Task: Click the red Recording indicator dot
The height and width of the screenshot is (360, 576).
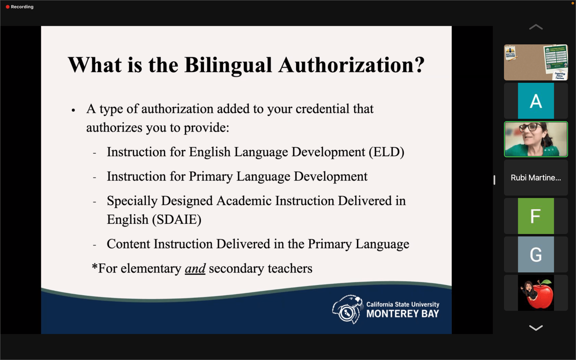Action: tap(7, 7)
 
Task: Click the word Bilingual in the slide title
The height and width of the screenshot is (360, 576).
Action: tap(228, 65)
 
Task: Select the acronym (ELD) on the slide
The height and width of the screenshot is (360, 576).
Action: tap(386, 152)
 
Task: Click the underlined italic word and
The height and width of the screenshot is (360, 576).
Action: tap(195, 268)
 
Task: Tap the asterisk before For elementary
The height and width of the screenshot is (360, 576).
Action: tap(94, 266)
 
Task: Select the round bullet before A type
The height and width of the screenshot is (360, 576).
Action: tap(73, 110)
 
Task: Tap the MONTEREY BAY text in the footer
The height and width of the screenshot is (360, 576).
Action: tap(402, 314)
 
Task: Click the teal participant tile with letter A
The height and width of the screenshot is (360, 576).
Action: tap(536, 101)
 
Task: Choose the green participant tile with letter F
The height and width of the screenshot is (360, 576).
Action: tap(536, 216)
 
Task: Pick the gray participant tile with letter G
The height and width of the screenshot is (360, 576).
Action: tap(536, 254)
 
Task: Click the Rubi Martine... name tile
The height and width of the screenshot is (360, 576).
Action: tap(536, 178)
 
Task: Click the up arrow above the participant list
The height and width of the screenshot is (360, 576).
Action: tap(536, 27)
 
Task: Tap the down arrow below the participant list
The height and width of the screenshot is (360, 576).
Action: tap(536, 328)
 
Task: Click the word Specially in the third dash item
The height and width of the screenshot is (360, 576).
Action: tap(132, 201)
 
